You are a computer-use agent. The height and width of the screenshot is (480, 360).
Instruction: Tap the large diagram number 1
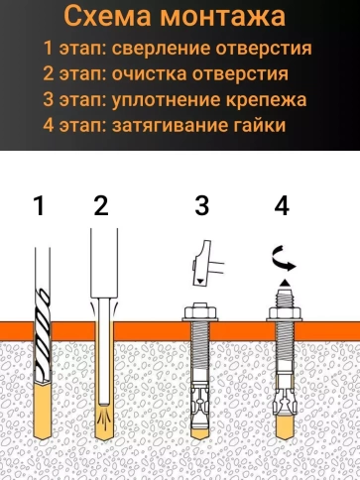39,206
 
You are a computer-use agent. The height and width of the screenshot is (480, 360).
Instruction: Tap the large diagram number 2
99,206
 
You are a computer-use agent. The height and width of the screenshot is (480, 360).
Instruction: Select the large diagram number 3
201,206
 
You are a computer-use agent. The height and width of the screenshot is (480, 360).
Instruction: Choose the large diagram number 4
282,206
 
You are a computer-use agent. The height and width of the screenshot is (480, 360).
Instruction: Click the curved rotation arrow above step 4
283,260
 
